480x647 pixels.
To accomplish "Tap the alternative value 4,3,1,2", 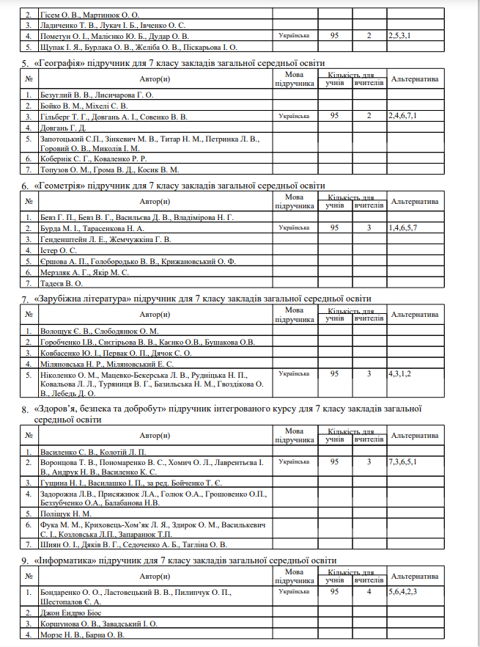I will coord(400,373).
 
